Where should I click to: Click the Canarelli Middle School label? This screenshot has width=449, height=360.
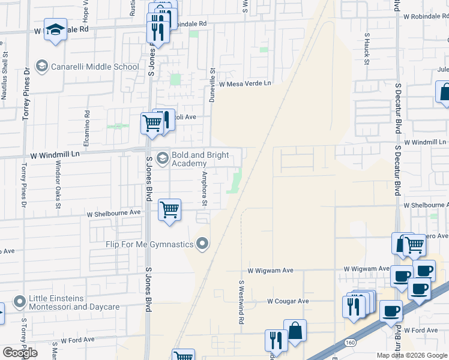coord(95,66)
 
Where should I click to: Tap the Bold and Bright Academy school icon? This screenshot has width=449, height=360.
coord(161,158)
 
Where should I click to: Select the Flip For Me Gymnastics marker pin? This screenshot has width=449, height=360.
coord(203,244)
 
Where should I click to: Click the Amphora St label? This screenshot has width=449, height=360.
coord(204,189)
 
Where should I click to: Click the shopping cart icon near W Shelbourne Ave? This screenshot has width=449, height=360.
coord(170,210)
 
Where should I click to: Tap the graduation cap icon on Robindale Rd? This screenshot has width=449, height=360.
coord(55,29)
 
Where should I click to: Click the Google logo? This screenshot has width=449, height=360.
coord(20,352)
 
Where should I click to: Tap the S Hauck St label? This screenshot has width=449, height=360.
coord(367,47)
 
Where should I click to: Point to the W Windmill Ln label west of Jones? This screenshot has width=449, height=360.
coord(55,155)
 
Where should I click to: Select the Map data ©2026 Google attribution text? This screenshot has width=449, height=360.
coord(412,355)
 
